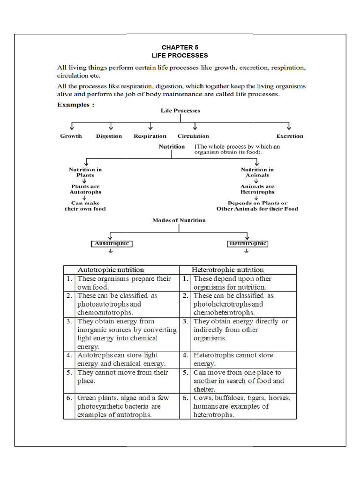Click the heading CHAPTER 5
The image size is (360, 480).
(180, 47)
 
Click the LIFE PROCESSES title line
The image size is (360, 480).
(180, 55)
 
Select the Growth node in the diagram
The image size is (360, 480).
(71, 136)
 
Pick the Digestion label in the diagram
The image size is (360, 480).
(109, 136)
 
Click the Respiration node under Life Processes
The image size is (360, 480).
(150, 136)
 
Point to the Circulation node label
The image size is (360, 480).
(193, 136)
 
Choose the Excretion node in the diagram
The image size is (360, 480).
(290, 136)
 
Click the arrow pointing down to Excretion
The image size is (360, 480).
(289, 126)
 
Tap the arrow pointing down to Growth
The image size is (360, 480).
(72, 126)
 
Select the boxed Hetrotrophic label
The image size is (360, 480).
(247, 244)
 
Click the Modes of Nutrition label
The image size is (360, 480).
(179, 220)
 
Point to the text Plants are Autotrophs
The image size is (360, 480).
(85, 189)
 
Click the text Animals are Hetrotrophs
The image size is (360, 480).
(257, 189)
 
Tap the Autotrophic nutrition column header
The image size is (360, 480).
(111, 270)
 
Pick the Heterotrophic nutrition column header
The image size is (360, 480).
(228, 270)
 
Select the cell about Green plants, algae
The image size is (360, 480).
(127, 406)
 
